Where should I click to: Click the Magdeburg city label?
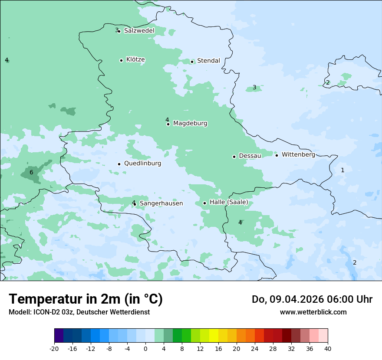(190, 124)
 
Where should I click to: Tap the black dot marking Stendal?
(192, 62)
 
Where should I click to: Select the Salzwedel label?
(139, 31)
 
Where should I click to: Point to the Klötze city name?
(135, 60)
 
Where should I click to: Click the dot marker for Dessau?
(234, 157)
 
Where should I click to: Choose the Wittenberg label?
(298, 155)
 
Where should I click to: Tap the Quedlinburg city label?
(142, 164)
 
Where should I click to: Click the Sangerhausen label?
(161, 203)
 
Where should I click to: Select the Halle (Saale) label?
(229, 202)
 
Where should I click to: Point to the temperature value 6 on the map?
(31, 173)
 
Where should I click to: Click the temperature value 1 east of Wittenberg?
(342, 170)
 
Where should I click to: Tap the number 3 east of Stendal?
(254, 88)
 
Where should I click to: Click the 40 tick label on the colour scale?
(327, 349)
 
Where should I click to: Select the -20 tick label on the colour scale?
(54, 349)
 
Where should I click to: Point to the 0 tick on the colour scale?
(145, 349)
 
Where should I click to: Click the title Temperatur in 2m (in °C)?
(86, 299)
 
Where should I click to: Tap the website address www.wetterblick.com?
(313, 312)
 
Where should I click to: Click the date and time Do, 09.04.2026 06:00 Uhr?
(312, 299)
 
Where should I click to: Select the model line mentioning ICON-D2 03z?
(79, 312)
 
